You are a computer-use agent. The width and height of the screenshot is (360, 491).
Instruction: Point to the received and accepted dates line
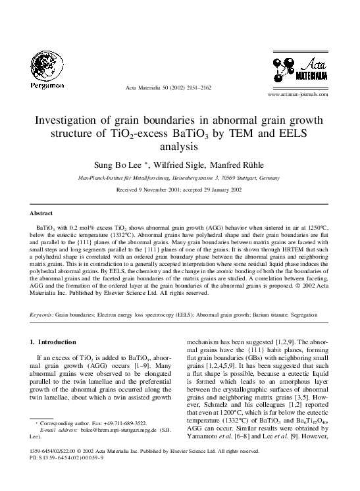[x=180, y=189]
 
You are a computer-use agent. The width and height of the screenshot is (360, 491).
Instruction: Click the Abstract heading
[x=41, y=214]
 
